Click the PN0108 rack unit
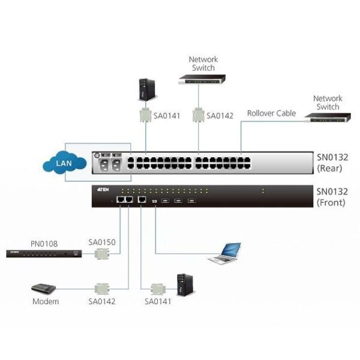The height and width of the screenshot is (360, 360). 43,254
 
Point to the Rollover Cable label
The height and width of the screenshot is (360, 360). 271,113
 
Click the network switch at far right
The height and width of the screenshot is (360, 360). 328,118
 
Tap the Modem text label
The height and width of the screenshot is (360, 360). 46,301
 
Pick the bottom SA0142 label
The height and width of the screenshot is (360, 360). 102,301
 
